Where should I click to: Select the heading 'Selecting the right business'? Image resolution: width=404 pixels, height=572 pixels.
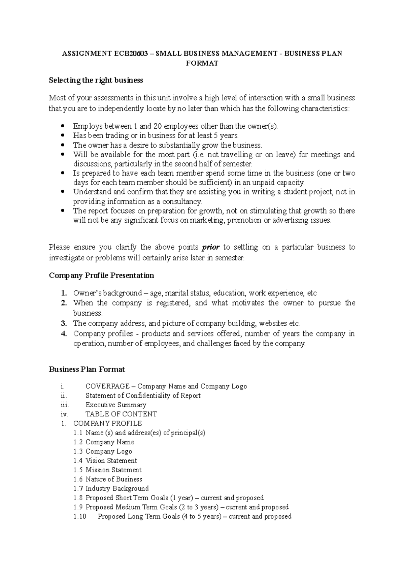tap(96, 80)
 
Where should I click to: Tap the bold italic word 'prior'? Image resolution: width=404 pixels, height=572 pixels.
tap(210, 247)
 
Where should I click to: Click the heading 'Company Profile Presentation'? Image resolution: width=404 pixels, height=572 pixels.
tap(101, 276)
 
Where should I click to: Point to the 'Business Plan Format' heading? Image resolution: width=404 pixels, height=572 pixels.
tap(87, 370)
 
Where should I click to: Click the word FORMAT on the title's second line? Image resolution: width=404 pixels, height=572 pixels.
tap(202, 63)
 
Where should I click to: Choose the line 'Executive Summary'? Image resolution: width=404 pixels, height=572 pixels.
tap(116, 405)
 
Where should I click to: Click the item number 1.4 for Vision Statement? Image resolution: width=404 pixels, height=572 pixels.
tap(78, 460)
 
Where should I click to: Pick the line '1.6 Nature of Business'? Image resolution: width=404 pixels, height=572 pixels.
tap(108, 479)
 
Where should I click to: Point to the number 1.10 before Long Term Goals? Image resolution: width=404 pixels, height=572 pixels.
tap(80, 516)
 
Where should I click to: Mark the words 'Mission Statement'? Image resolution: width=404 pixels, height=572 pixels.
tap(113, 470)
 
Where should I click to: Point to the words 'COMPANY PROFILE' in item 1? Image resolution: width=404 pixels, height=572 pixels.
tap(107, 423)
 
